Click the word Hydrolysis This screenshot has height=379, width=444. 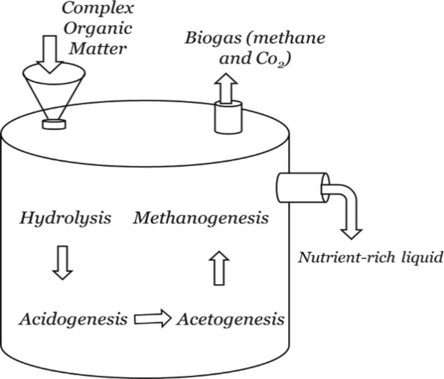click(x=65, y=218)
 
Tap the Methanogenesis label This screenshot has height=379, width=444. click(x=201, y=218)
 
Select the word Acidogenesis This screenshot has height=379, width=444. click(x=73, y=320)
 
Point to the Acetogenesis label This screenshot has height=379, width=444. click(x=230, y=320)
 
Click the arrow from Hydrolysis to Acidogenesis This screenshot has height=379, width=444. click(x=62, y=262)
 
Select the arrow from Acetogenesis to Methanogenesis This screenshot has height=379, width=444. click(x=220, y=269)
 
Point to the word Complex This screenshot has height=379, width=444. click(x=97, y=8)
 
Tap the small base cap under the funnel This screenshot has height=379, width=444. click(x=54, y=124)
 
